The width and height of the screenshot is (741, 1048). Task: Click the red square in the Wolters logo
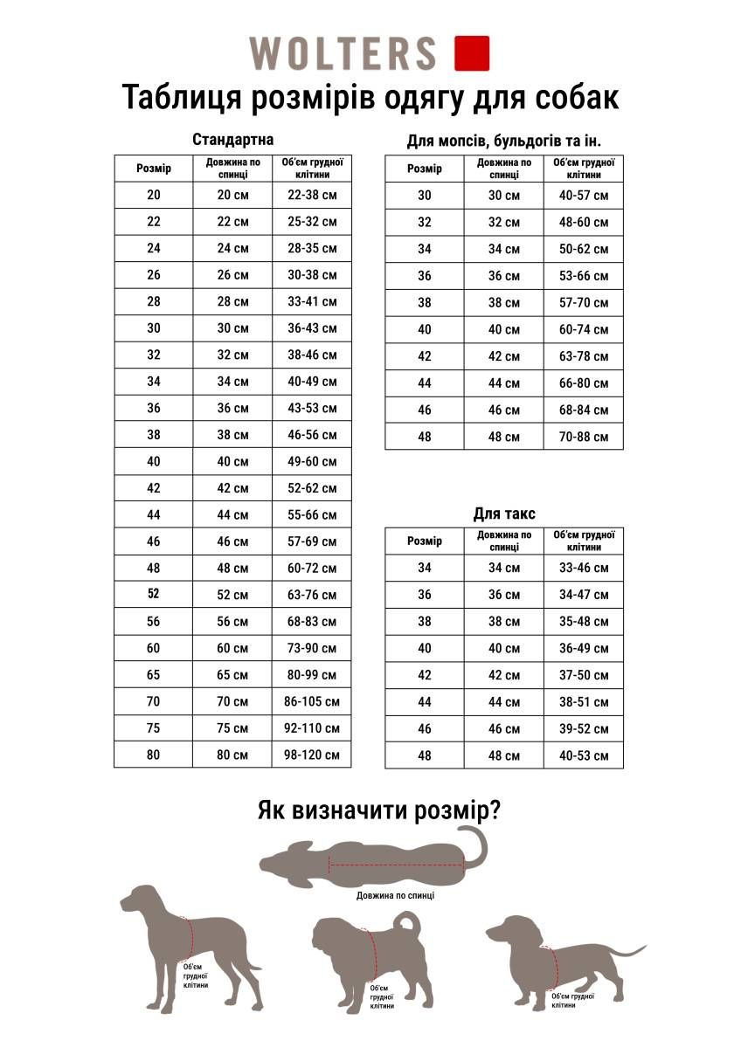tap(472, 52)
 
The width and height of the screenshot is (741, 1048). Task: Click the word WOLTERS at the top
tap(343, 53)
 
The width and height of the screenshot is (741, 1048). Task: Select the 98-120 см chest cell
tap(312, 755)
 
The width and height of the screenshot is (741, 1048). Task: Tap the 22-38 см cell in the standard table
tap(312, 195)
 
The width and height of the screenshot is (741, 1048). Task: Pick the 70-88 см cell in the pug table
tap(584, 437)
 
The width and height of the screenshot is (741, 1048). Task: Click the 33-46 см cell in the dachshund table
tap(584, 569)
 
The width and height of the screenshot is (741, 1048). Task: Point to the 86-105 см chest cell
tap(312, 701)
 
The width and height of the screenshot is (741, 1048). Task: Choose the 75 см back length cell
tap(232, 728)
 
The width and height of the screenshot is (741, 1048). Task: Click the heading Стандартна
tap(232, 140)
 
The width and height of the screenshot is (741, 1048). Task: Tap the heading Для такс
tap(504, 514)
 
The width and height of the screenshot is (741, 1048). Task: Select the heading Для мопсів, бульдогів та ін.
tap(504, 141)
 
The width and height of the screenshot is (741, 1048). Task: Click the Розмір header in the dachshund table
tap(425, 541)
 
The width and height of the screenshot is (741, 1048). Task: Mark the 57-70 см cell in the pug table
tap(584, 303)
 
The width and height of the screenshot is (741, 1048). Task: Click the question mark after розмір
tap(493, 810)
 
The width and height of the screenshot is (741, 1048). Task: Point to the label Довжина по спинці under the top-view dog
tap(395, 895)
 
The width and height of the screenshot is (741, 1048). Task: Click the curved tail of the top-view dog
tap(480, 845)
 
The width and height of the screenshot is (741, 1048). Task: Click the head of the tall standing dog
tap(140, 900)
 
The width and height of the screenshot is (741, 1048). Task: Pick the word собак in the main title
tap(569, 97)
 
